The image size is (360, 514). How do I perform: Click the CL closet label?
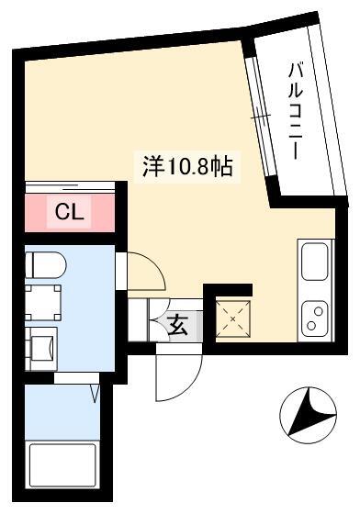coord(69,211)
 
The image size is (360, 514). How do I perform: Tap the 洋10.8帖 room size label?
coord(187,166)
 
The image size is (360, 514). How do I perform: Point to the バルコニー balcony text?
coord(295,111)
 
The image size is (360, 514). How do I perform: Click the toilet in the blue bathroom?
coord(46,264)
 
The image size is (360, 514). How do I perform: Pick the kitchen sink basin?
coord(314,262)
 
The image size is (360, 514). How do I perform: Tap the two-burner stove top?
coord(315,318)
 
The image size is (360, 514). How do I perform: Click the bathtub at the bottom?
coord(63,464)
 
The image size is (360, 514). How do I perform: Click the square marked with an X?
coord(233,319)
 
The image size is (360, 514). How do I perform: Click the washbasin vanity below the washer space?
coord(41,349)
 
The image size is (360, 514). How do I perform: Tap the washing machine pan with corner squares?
coord(43,303)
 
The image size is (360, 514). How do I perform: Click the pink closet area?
coord(70,212)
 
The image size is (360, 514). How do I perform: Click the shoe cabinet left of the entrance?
coord(137,320)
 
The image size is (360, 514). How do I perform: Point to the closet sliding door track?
coord(70,187)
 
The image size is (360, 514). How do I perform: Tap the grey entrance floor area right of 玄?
coord(196,326)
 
